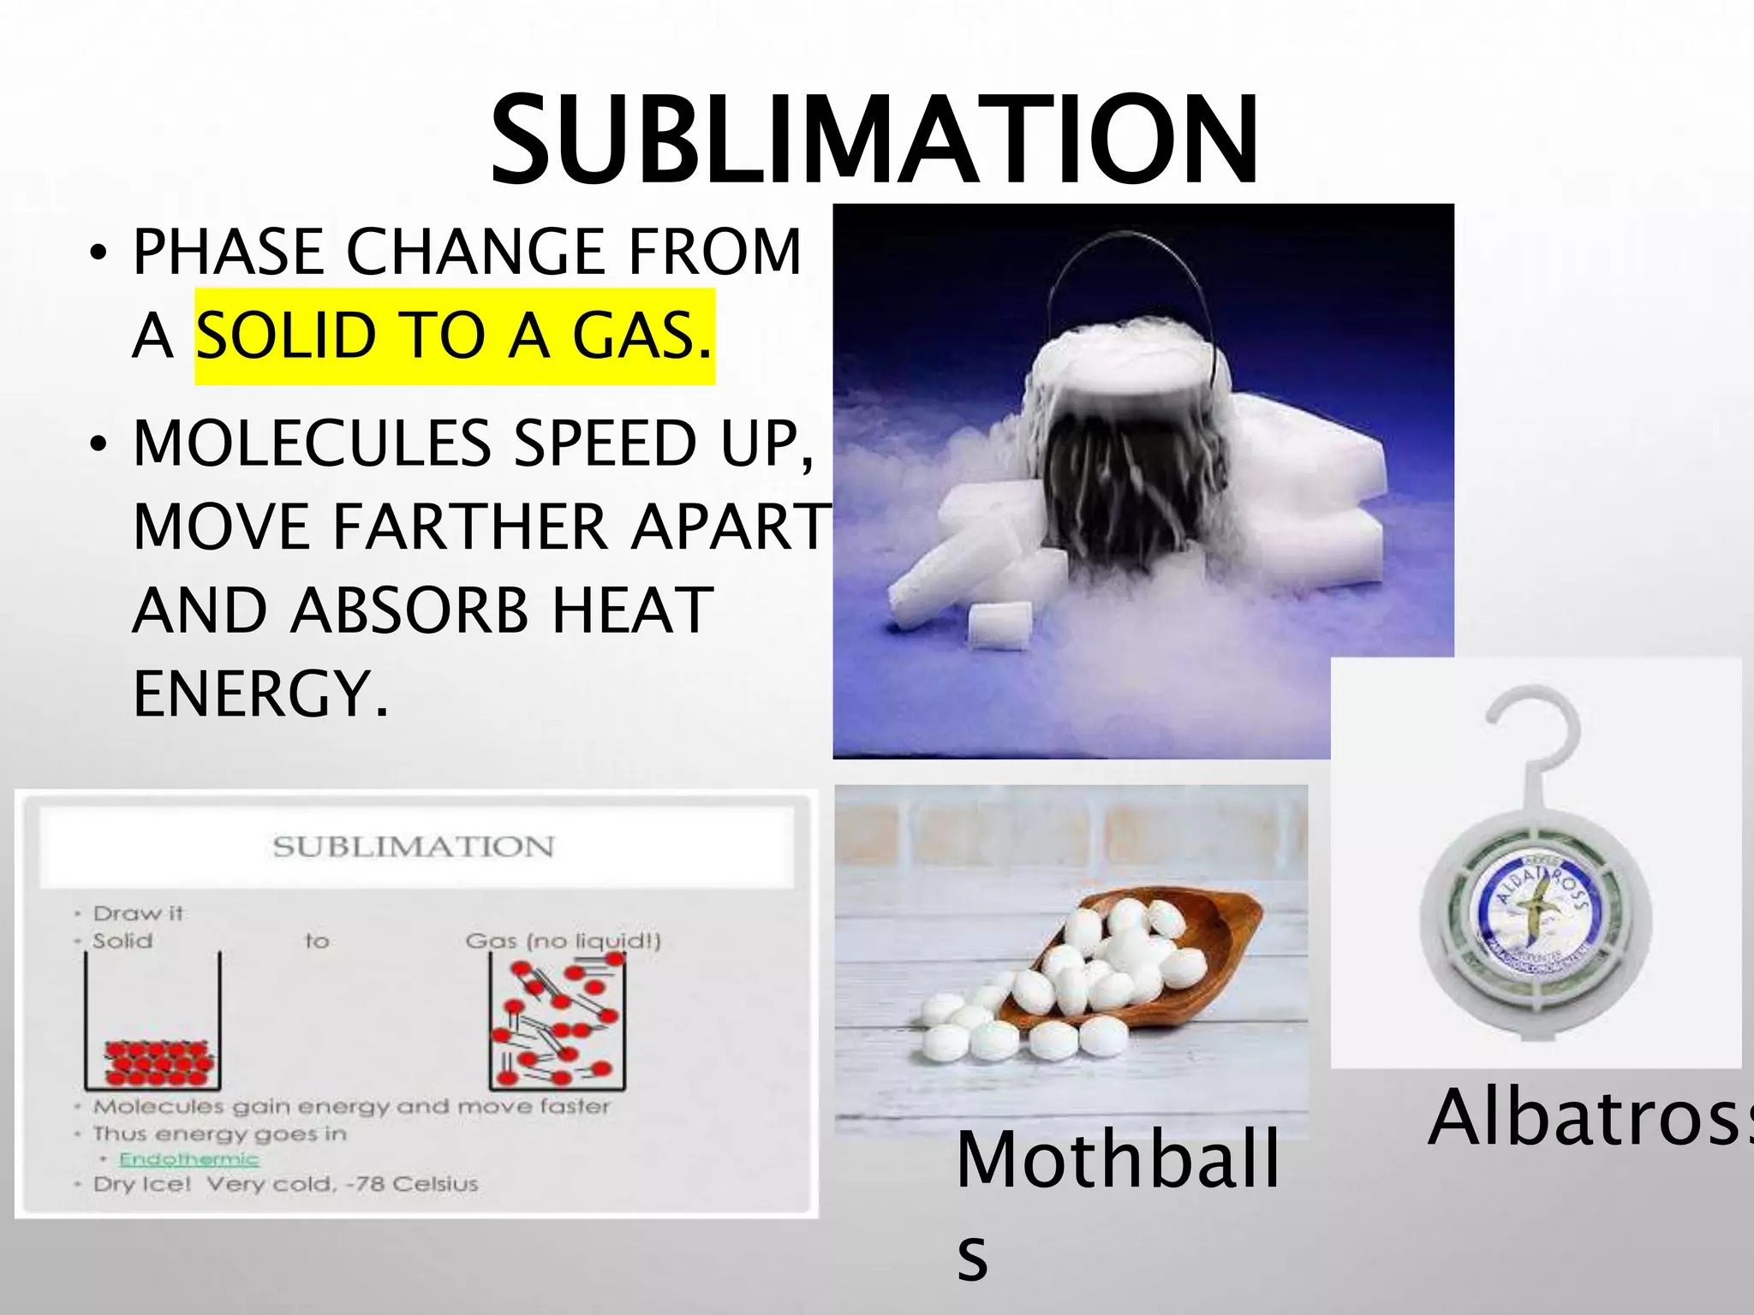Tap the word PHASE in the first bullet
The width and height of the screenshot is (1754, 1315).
[x=228, y=252]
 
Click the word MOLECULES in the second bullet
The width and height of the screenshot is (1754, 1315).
[x=312, y=443]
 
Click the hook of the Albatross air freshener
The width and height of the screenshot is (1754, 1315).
[x=1533, y=728]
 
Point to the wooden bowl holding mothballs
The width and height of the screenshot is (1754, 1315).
[x=1199, y=950]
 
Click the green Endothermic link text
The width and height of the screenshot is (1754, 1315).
[x=188, y=1159]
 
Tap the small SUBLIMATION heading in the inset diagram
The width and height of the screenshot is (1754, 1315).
[x=414, y=847]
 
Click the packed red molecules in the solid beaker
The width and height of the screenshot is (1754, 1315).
[x=158, y=1062]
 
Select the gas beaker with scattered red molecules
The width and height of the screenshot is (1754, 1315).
[x=557, y=1023]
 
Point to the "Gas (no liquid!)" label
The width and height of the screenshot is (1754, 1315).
[x=563, y=941]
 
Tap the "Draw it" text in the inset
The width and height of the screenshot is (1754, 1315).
[x=138, y=913]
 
